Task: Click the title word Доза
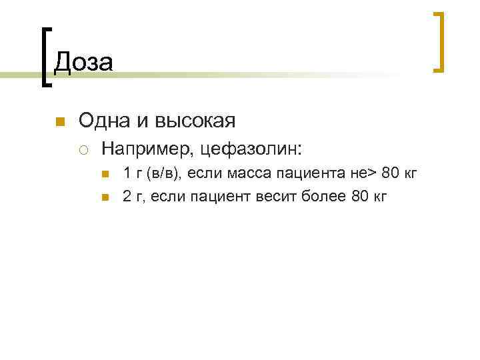83,62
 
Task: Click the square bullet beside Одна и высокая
59,121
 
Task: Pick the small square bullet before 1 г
105,175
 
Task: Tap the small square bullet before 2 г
105,197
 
